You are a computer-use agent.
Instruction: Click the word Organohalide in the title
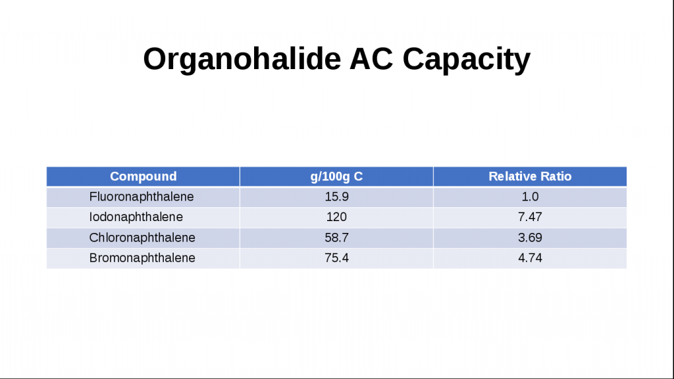click(242, 59)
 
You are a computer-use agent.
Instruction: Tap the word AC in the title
click(371, 59)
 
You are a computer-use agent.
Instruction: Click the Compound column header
click(143, 176)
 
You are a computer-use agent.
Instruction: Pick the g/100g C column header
click(336, 176)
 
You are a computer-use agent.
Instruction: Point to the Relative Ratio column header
click(530, 176)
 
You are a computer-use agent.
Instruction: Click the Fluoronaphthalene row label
click(142, 197)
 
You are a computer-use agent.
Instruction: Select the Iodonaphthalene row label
click(136, 217)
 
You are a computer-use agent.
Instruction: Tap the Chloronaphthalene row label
click(142, 238)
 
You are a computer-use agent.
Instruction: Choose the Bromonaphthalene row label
click(142, 258)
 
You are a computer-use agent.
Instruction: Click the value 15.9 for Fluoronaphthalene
click(336, 197)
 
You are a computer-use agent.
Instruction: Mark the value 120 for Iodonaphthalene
click(336, 217)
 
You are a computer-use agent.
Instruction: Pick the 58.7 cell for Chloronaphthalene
click(336, 238)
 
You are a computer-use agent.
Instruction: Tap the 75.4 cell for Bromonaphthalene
click(336, 258)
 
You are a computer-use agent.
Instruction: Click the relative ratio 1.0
click(530, 197)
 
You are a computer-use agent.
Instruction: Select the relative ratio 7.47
click(530, 217)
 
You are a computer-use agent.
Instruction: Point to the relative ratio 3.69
click(530, 238)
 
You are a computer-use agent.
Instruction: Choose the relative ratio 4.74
click(530, 258)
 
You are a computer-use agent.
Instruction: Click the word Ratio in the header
click(557, 176)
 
